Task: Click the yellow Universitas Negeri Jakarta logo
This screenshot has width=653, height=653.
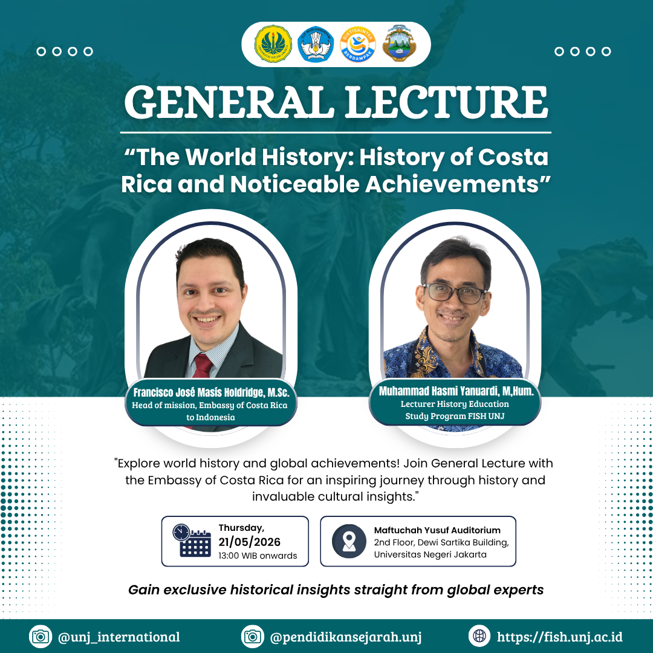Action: click(x=273, y=44)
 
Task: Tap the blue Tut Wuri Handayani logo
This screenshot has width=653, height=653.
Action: click(x=316, y=44)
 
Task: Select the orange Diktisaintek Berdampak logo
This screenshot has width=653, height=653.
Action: click(x=358, y=44)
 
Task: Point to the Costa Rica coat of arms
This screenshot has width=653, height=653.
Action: click(x=399, y=44)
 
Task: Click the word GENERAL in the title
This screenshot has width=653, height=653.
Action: click(x=230, y=102)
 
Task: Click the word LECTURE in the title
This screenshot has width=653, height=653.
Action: click(x=446, y=102)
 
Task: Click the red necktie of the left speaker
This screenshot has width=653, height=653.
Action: click(x=203, y=366)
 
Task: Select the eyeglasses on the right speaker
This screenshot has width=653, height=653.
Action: click(x=455, y=293)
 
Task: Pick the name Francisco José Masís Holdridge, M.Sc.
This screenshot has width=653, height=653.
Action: click(x=211, y=392)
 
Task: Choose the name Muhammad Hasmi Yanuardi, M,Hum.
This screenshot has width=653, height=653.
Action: click(x=456, y=391)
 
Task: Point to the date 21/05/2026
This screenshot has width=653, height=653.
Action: click(x=250, y=542)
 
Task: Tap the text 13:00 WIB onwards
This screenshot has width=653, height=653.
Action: click(x=258, y=556)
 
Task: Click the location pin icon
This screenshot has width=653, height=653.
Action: click(x=349, y=541)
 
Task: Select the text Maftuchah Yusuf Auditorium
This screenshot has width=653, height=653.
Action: click(x=437, y=530)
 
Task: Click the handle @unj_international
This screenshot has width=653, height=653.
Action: click(x=119, y=637)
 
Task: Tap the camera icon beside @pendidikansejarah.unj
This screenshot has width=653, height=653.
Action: click(x=253, y=636)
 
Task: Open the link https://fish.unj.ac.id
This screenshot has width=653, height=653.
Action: click(x=560, y=637)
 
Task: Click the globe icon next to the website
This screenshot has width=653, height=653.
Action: click(x=479, y=636)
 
